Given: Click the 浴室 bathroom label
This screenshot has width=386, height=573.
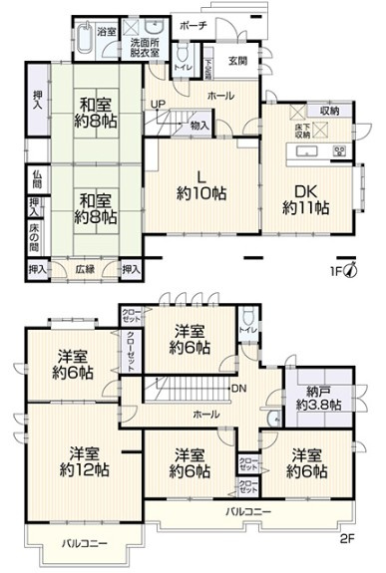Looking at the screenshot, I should click(108, 32).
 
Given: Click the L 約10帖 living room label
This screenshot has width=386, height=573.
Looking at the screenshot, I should click(194, 182).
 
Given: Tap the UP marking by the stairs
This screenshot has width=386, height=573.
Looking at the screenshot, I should click(158, 103).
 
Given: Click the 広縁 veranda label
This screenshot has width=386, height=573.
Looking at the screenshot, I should click(85, 269).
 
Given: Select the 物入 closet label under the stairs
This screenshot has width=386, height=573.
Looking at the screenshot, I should click(198, 126).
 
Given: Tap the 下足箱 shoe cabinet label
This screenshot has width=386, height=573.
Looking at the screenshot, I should click(207, 68).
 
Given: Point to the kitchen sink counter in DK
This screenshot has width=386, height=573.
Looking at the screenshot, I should click(309, 152).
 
